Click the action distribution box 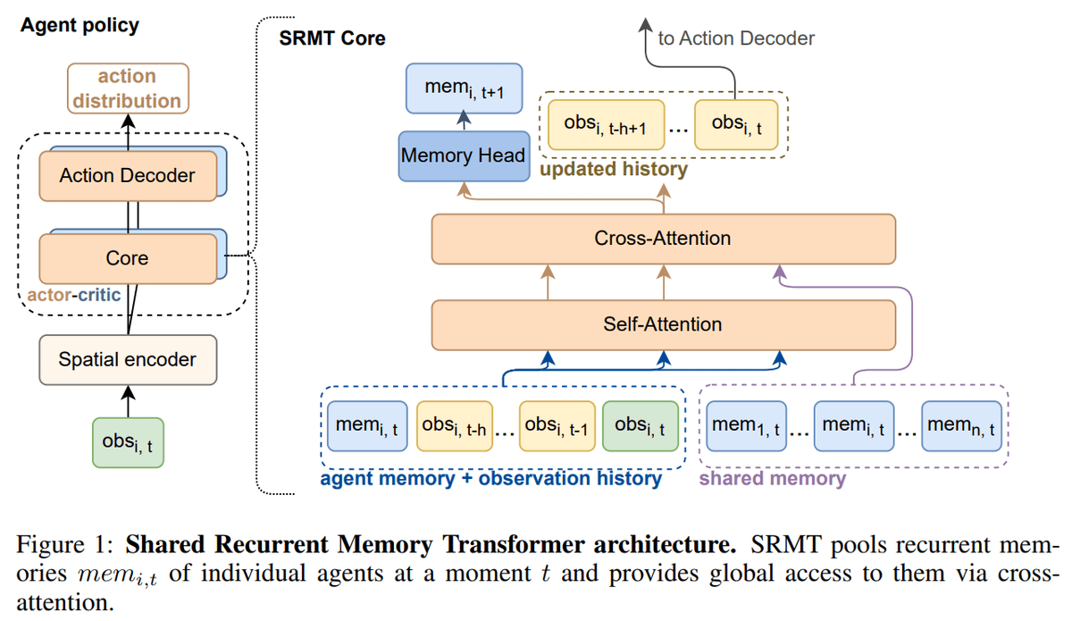(x=127, y=88)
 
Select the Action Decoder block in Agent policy (x=127, y=175)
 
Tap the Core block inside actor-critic (x=127, y=258)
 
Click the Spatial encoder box (x=127, y=360)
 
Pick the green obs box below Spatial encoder (x=127, y=441)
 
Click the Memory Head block (x=463, y=155)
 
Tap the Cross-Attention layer (x=663, y=239)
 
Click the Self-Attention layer (x=663, y=324)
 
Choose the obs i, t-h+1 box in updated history (x=604, y=123)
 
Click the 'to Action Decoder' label (x=736, y=38)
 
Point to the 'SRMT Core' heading (x=333, y=38)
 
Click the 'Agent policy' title (x=80, y=24)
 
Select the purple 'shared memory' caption (x=772, y=479)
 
